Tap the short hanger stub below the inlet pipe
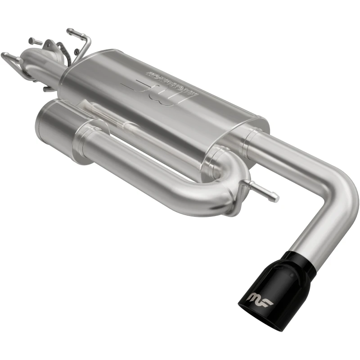(48, 88)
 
